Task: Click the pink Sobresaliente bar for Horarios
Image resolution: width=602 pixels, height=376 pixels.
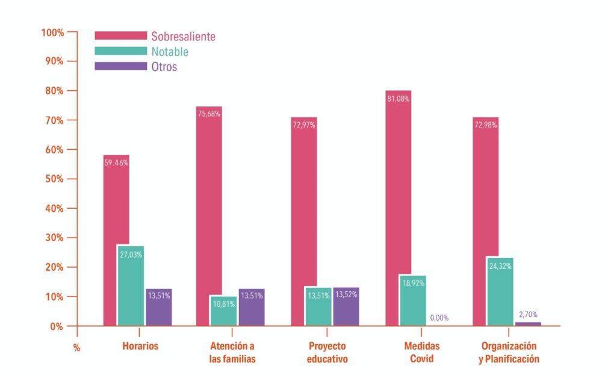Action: (116, 240)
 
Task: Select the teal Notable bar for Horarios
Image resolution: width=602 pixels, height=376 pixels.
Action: (131, 285)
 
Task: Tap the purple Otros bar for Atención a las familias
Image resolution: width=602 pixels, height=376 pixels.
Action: (252, 307)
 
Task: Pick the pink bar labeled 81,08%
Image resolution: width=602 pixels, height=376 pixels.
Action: (398, 208)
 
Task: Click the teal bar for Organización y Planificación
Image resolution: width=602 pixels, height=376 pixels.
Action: (500, 292)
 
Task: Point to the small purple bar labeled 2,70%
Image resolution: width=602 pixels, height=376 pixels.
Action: (528, 324)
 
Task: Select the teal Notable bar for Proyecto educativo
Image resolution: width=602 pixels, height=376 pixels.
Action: (318, 307)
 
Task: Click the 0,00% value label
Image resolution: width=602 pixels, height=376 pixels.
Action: (439, 318)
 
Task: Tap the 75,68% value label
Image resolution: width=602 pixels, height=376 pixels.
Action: (209, 114)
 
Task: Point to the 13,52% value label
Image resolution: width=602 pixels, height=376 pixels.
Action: (346, 294)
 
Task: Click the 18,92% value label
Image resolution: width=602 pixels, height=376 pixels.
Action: (414, 283)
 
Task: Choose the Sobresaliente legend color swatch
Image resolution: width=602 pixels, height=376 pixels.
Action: (121, 35)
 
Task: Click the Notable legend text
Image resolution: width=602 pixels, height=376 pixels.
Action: (170, 51)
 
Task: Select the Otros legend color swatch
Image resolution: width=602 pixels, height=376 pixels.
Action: (121, 66)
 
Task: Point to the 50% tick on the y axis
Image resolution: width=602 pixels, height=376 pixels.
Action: (72, 179)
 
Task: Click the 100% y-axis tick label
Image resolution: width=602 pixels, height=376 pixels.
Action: (52, 32)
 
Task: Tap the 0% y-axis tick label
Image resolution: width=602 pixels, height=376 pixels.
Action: (57, 327)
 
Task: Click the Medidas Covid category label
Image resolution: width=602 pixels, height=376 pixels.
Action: (421, 352)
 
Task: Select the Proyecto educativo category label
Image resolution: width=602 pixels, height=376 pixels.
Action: (327, 352)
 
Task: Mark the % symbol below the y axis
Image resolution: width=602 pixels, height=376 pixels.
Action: (77, 348)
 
